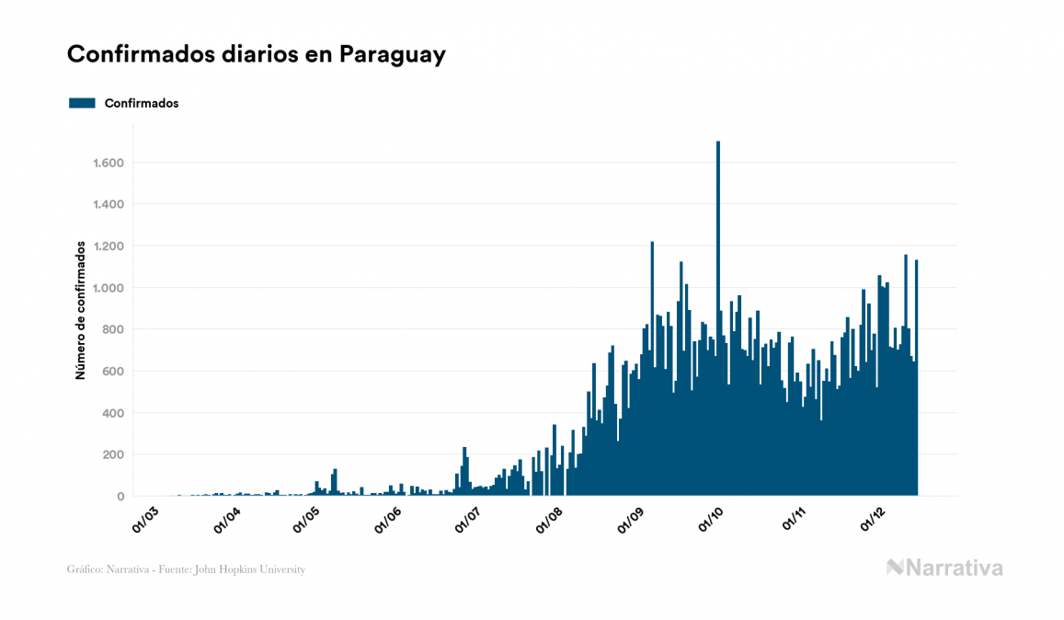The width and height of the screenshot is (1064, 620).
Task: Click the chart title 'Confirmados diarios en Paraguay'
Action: coord(256,55)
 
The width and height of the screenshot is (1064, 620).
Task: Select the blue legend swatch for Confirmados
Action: coord(82,103)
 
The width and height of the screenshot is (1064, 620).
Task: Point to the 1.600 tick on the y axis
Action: coord(109,163)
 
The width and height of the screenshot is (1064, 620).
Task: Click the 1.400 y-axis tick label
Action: coord(109,204)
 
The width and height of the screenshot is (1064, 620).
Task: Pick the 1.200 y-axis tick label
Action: coord(109,247)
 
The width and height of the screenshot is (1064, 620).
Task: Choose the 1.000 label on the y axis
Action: coord(109,288)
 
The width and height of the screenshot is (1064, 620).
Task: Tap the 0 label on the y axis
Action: coord(120,497)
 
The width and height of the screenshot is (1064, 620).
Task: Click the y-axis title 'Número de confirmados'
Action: coord(81,311)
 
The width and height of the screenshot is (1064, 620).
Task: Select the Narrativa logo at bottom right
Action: coord(944,568)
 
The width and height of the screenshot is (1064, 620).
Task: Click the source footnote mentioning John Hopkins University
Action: coord(186,569)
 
